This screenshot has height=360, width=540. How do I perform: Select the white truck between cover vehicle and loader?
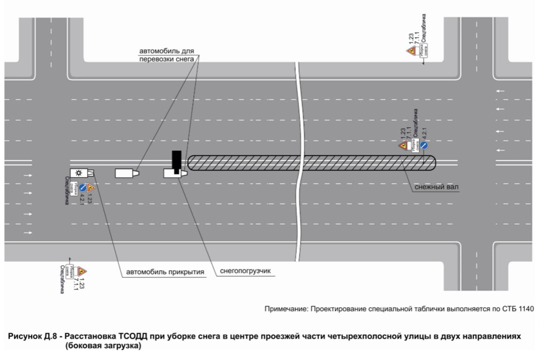126,173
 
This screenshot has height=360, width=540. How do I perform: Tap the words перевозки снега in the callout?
167,59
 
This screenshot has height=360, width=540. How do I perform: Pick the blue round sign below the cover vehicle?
82,188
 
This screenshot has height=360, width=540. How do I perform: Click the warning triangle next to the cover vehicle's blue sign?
90,187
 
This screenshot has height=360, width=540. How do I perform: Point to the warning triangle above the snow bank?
403,146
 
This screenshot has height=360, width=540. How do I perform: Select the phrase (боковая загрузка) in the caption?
103,346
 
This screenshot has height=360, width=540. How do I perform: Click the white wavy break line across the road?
298,162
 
